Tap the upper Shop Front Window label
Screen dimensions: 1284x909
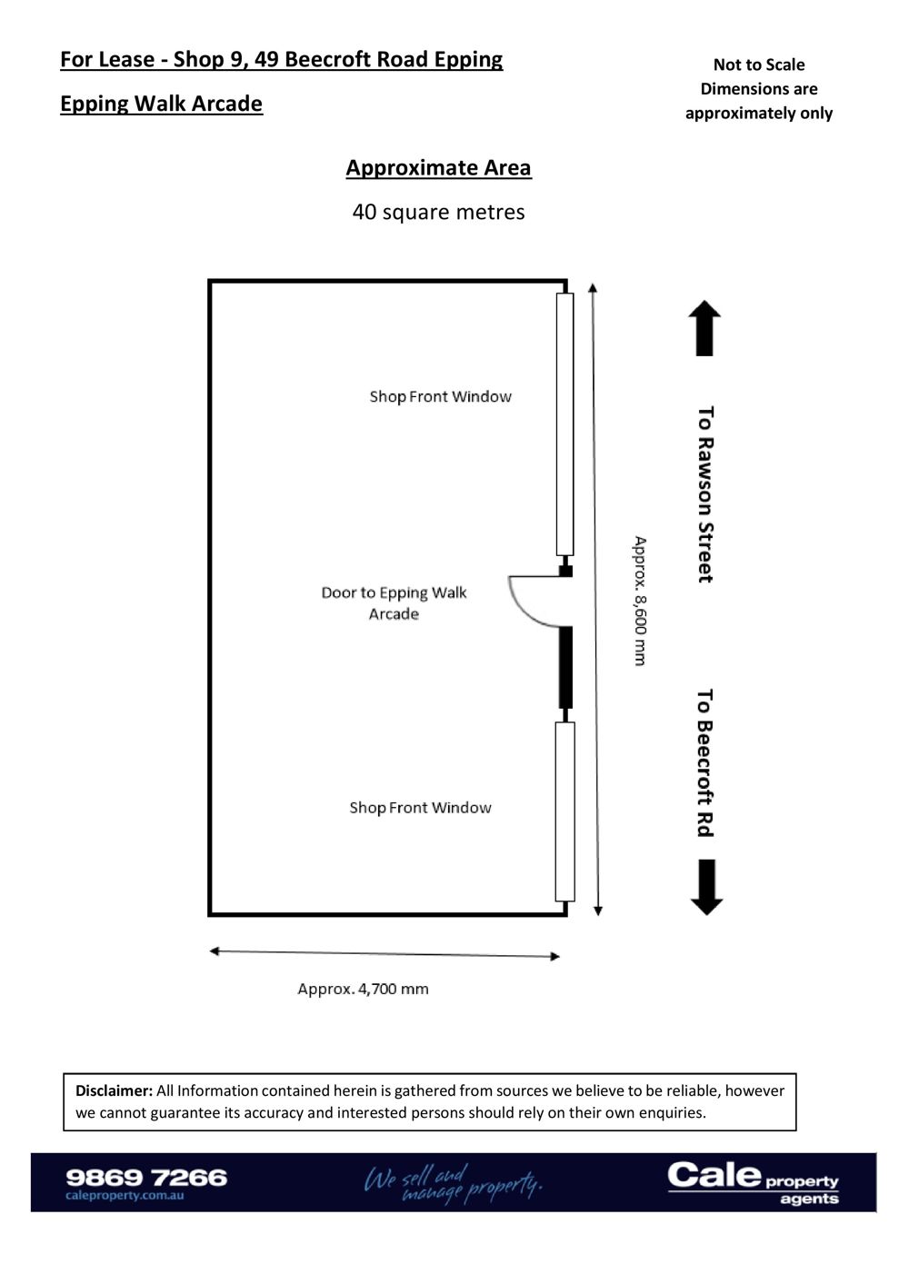pos(440,396)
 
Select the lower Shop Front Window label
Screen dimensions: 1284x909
pos(420,807)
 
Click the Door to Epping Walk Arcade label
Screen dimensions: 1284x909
pos(394,602)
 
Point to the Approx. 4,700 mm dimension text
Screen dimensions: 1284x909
pos(363,989)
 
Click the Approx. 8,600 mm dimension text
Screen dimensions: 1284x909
pos(640,601)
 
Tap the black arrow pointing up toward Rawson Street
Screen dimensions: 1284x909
pos(704,328)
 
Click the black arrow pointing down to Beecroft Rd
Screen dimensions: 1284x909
pos(706,886)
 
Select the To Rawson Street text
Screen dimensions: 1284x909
pos(705,494)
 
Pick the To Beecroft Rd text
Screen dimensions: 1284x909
pos(705,762)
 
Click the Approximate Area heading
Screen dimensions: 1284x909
pos(438,168)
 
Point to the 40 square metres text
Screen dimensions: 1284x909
pos(438,212)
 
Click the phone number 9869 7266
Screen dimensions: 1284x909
pos(146,1177)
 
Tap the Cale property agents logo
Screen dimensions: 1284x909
pos(753,1182)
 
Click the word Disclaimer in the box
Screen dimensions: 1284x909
pos(114,1090)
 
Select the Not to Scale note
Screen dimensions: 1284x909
pos(758,65)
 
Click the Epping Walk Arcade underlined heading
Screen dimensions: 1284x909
pos(161,104)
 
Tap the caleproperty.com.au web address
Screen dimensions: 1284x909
pos(125,1196)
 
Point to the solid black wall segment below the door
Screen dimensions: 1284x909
pos(565,668)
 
